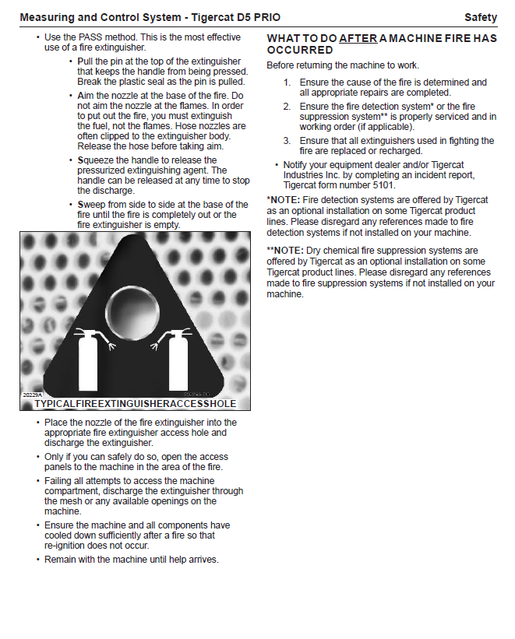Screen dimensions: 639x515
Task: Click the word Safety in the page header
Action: [480, 17]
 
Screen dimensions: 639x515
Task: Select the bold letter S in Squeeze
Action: [80, 160]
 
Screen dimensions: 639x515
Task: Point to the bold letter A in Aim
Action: [80, 95]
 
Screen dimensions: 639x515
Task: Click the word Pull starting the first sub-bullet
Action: [86, 61]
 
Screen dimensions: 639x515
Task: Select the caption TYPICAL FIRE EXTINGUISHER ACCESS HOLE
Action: [135, 404]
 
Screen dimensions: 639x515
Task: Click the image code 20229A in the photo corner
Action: [31, 395]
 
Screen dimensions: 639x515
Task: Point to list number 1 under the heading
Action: [286, 83]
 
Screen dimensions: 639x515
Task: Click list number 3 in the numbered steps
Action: [286, 141]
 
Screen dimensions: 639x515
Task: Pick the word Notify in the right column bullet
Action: [297, 165]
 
